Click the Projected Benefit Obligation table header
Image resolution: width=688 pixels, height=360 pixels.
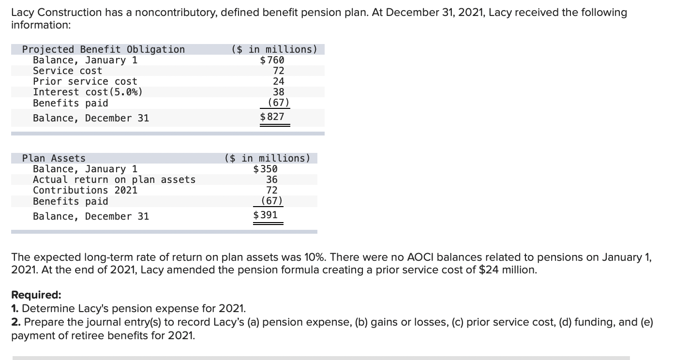click(104, 49)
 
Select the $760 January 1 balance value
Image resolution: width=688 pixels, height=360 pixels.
click(272, 60)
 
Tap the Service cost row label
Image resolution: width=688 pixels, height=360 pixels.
click(67, 71)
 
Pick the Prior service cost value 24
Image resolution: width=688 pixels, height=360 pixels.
click(278, 81)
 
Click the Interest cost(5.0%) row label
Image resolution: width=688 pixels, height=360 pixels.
click(88, 92)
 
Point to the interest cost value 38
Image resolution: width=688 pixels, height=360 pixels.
click(278, 92)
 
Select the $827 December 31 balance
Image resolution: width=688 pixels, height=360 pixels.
click(272, 117)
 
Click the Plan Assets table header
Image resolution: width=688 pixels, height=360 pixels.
click(54, 158)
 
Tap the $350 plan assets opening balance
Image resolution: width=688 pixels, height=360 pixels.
click(266, 169)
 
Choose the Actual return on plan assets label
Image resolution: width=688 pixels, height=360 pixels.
click(114, 180)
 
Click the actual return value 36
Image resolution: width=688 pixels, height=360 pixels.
click(271, 180)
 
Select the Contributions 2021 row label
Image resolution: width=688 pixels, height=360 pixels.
click(85, 190)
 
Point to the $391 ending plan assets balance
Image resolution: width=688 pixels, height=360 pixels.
click(266, 214)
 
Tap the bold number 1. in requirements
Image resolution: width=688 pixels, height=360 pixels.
click(15, 309)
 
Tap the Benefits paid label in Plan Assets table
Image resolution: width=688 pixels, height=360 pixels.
click(71, 201)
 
